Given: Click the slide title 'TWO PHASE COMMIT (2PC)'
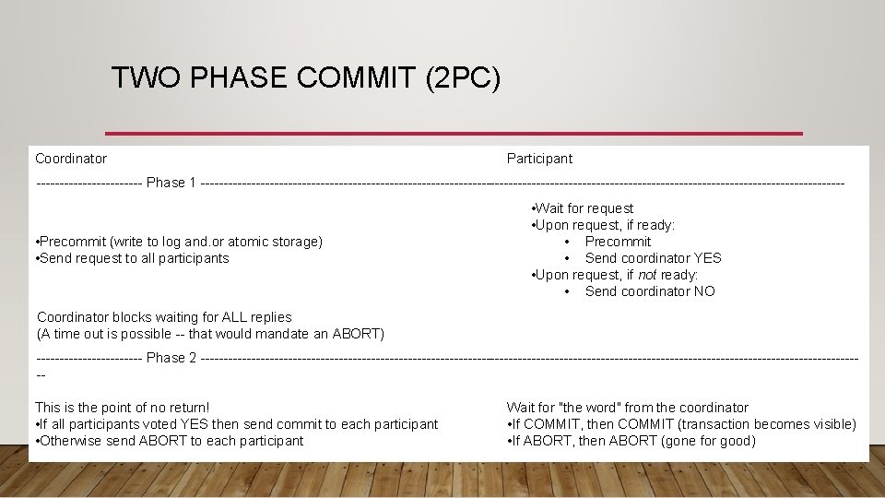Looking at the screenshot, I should pyautogui.click(x=305, y=77).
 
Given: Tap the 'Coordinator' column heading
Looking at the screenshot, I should pyautogui.click(x=71, y=159).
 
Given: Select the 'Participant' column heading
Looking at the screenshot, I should pyautogui.click(x=539, y=159).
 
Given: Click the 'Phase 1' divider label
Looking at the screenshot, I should pyautogui.click(x=171, y=183).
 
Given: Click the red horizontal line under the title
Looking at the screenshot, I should pyautogui.click(x=454, y=134).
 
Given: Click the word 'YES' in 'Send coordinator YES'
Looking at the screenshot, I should pyautogui.click(x=707, y=258).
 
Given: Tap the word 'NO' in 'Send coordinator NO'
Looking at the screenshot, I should pyautogui.click(x=703, y=291).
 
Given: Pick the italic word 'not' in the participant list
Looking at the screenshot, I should pyautogui.click(x=648, y=275).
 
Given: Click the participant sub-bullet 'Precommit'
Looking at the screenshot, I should pyautogui.click(x=618, y=242).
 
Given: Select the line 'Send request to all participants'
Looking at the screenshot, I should pyautogui.click(x=132, y=258).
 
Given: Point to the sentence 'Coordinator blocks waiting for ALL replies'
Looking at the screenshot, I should pyautogui.click(x=164, y=317).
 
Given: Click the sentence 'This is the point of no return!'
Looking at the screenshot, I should pyautogui.click(x=123, y=408).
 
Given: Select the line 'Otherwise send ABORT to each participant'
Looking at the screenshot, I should pyautogui.click(x=170, y=441).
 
